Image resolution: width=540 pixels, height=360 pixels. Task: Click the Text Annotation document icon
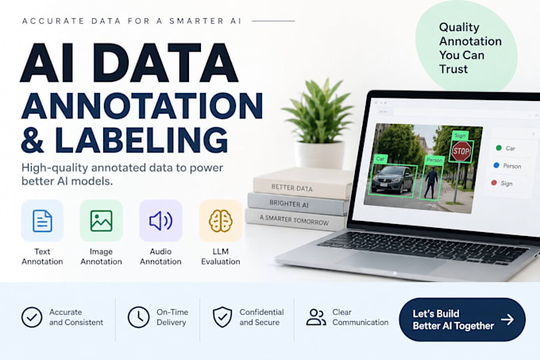click(42, 221)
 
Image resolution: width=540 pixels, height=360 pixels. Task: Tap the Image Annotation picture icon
click(102, 221)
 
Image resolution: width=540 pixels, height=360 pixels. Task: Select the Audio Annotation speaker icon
click(161, 221)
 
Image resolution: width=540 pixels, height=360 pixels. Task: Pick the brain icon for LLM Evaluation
click(221, 221)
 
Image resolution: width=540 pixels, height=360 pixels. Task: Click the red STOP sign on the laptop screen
click(461, 151)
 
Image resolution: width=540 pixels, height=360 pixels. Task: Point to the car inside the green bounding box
click(393, 180)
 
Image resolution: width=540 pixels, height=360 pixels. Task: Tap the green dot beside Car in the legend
click(499, 148)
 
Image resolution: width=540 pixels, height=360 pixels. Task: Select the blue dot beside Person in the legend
click(496, 165)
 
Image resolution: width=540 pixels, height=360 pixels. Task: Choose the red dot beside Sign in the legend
click(494, 183)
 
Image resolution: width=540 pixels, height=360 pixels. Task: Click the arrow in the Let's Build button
click(507, 319)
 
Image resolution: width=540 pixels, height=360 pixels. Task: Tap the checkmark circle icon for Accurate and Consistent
click(32, 317)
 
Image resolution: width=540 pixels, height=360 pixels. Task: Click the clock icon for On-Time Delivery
click(138, 317)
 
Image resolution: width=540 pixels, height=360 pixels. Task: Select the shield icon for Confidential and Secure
click(222, 317)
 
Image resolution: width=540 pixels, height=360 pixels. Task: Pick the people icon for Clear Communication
click(316, 317)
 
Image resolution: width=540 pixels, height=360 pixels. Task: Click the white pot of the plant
click(320, 154)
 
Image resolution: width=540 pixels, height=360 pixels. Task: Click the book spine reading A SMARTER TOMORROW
click(295, 220)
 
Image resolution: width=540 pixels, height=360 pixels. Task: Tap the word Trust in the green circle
click(453, 69)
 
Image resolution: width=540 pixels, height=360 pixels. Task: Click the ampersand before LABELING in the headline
click(33, 140)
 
